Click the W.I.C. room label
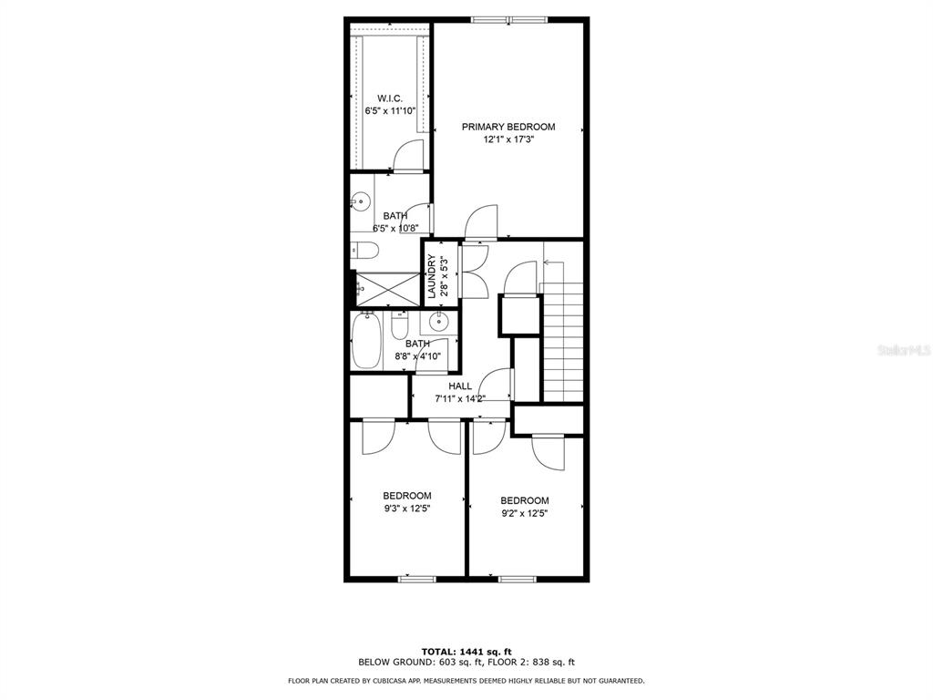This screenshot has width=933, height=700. (390, 98)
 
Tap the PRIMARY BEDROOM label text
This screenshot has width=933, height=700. (508, 127)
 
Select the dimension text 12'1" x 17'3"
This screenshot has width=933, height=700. (508, 139)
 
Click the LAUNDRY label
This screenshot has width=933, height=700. (431, 277)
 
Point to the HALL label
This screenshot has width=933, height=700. (460, 386)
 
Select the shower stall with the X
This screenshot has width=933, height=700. (387, 290)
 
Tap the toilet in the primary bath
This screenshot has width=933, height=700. (364, 251)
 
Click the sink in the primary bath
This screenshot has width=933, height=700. (360, 201)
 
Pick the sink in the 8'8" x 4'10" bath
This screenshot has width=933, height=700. (439, 322)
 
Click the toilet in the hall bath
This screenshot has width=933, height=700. (399, 325)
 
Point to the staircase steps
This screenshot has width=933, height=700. (563, 342)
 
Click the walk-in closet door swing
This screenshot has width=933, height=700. (408, 156)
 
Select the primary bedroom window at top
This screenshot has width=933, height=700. (509, 20)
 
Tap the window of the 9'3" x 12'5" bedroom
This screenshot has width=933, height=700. (416, 579)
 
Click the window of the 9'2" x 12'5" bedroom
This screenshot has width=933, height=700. (518, 579)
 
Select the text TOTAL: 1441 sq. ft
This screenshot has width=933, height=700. (466, 652)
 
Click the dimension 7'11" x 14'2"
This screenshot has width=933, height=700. (460, 399)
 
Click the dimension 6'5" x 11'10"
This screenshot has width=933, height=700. (390, 110)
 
